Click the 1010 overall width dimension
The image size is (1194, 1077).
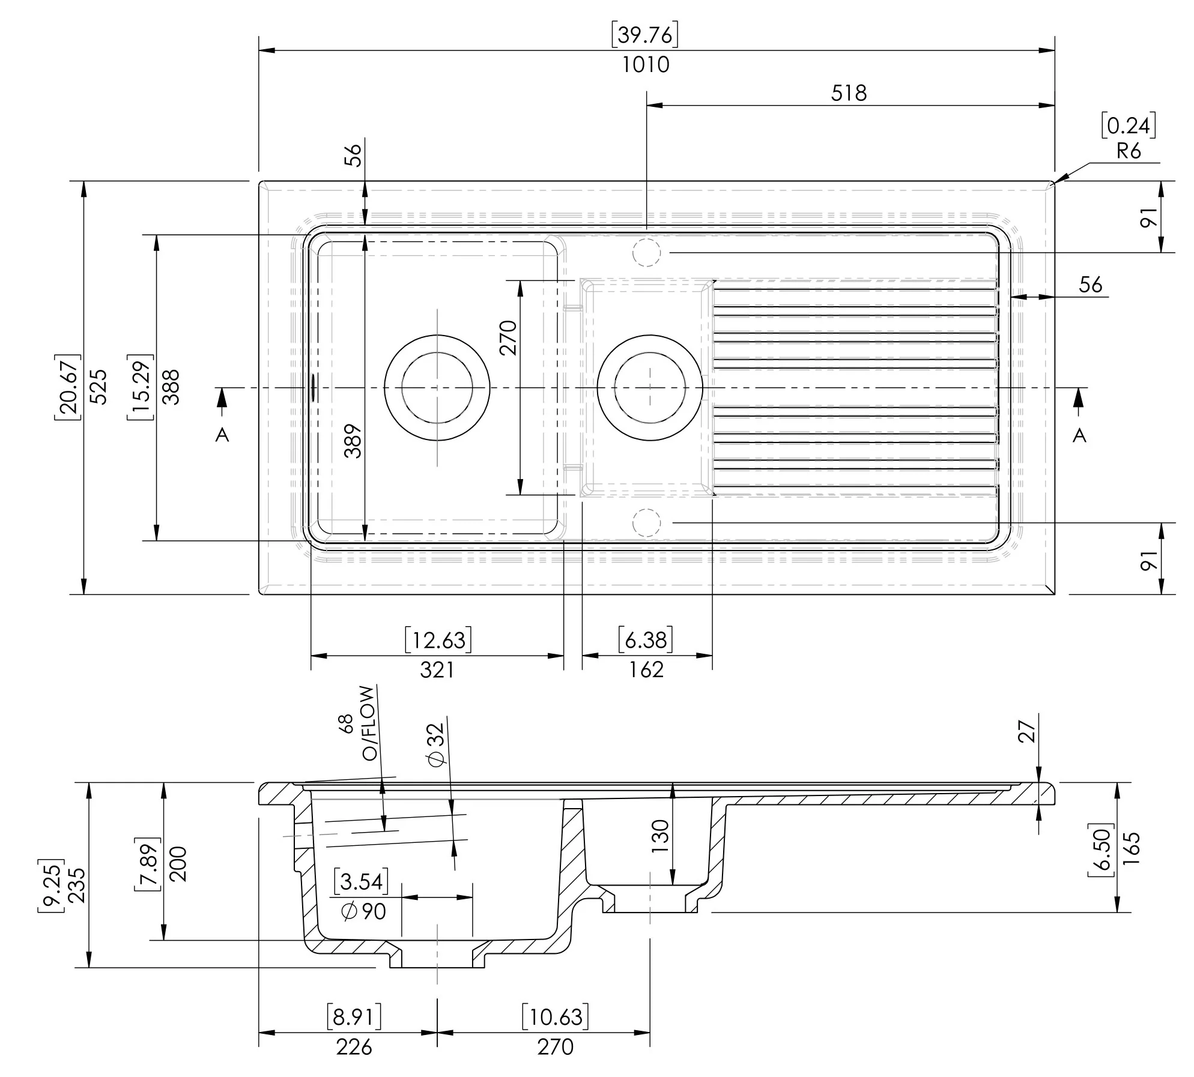coord(645,65)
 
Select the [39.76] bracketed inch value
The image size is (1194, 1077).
coord(645,35)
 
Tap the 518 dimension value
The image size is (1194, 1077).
coord(849,93)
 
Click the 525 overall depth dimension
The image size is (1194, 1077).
coord(98,387)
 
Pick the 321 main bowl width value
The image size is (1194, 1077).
coord(437,670)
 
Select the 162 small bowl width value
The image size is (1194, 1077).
coord(646,670)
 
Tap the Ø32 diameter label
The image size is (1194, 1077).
coord(436,744)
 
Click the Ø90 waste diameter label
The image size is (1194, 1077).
coord(364,911)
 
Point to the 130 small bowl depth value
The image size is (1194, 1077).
coord(659,836)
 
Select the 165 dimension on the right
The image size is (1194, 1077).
coord(1130,847)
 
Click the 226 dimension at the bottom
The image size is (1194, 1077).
coord(354,1048)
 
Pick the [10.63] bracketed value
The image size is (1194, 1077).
coord(555,1016)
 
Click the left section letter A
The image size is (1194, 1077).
coord(222,435)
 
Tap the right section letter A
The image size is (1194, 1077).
coord(1079,435)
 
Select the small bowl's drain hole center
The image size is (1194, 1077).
coord(650,388)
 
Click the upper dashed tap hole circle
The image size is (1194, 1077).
coord(646,253)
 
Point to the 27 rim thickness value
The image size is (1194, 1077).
coord(1028,732)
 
